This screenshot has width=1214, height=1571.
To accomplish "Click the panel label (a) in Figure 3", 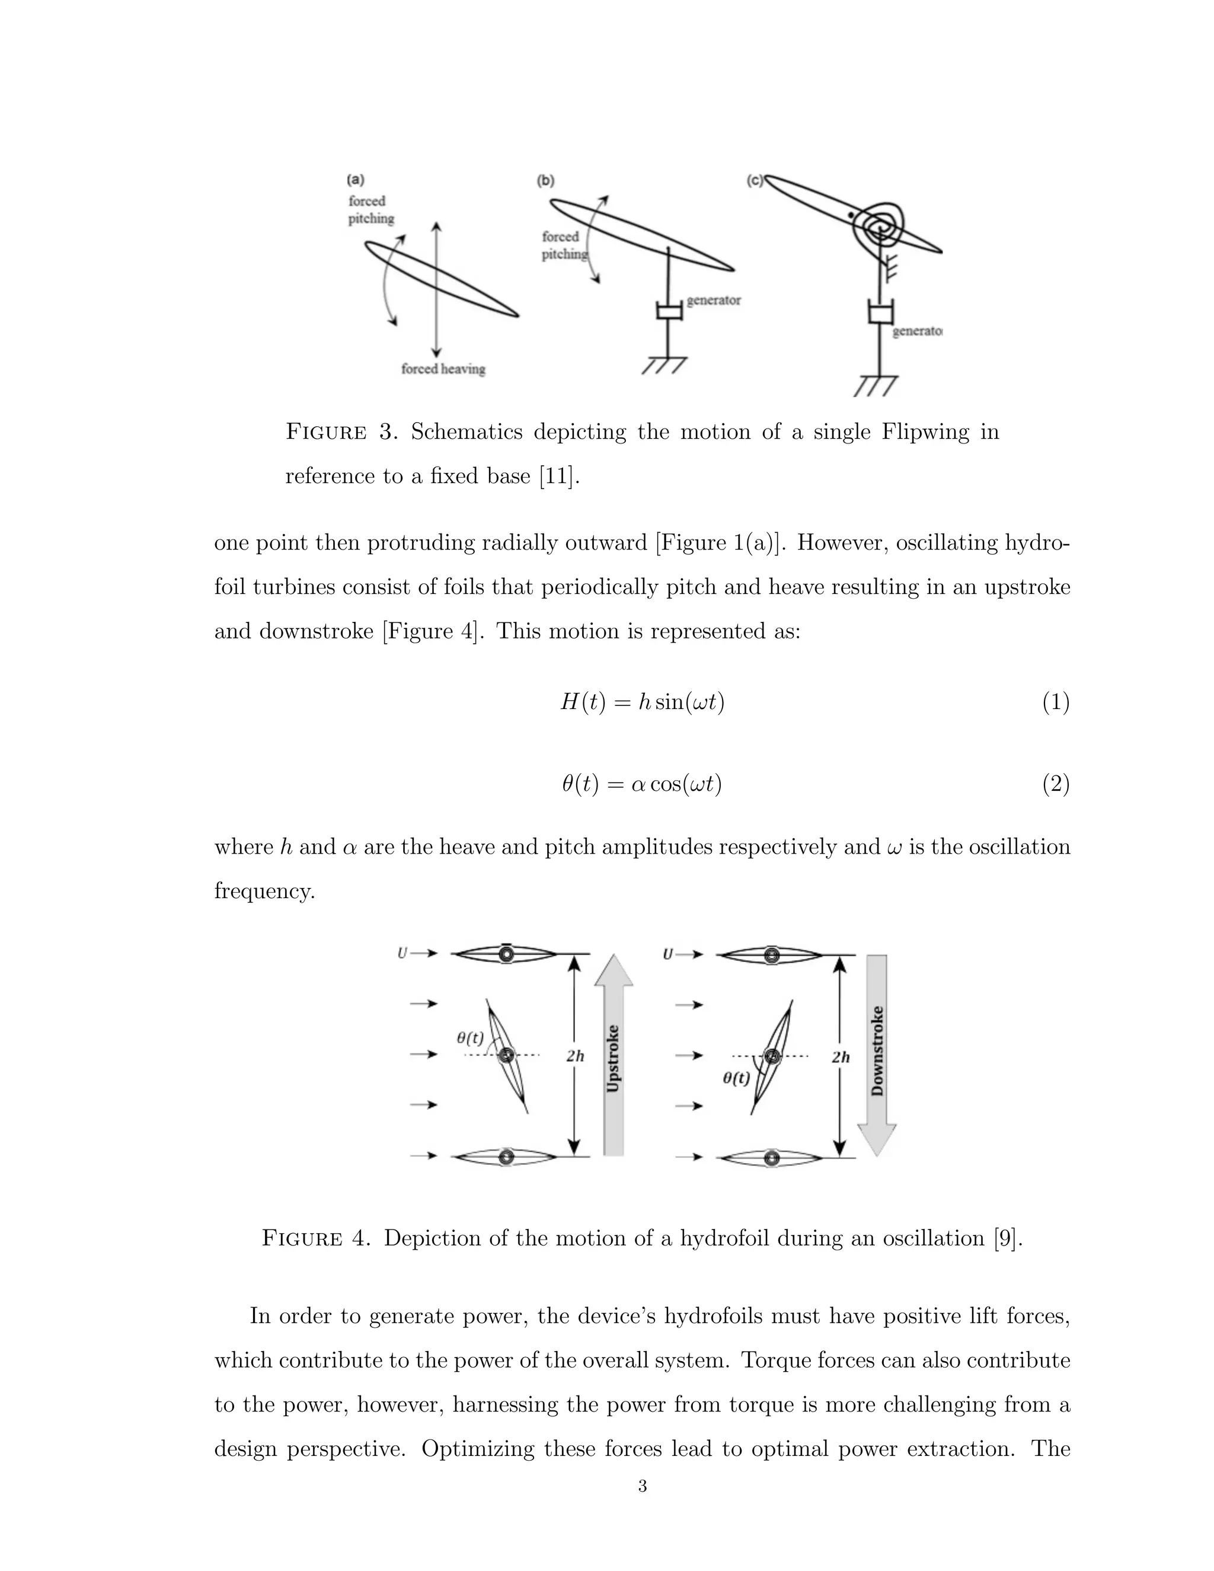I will click(x=355, y=179).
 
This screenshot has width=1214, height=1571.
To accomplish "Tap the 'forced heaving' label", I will click(x=443, y=369).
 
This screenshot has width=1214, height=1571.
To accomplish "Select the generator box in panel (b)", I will click(x=669, y=311).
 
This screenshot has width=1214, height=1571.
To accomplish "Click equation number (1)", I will click(x=1056, y=702).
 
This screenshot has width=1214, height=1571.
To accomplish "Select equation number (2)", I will click(x=1056, y=783).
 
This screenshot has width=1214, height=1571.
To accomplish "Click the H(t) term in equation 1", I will click(x=583, y=702).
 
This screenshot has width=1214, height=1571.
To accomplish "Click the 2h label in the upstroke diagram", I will click(x=574, y=1056).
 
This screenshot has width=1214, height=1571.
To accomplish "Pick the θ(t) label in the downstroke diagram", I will click(x=736, y=1078).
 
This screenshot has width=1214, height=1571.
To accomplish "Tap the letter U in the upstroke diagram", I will click(x=402, y=953).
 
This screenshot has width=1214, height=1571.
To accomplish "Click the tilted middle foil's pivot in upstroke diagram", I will click(x=506, y=1055).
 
